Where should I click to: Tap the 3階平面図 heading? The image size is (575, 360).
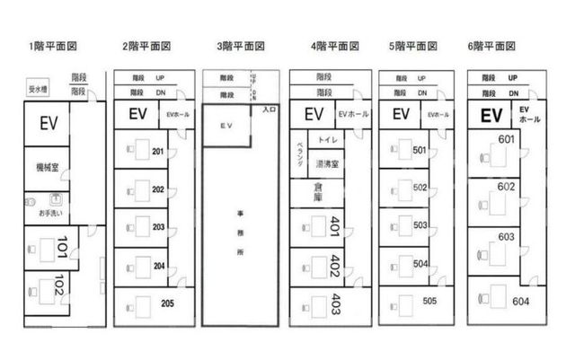click(239, 45)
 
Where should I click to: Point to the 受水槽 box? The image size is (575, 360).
click(38, 89)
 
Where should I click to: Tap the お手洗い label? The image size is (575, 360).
click(49, 215)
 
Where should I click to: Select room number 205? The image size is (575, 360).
click(168, 303)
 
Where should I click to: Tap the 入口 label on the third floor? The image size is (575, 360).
click(268, 110)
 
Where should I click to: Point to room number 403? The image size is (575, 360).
click(336, 303)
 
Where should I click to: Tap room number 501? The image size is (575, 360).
click(420, 150)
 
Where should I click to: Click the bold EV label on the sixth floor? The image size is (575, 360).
click(491, 115)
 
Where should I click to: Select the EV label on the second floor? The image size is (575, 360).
click(137, 114)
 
